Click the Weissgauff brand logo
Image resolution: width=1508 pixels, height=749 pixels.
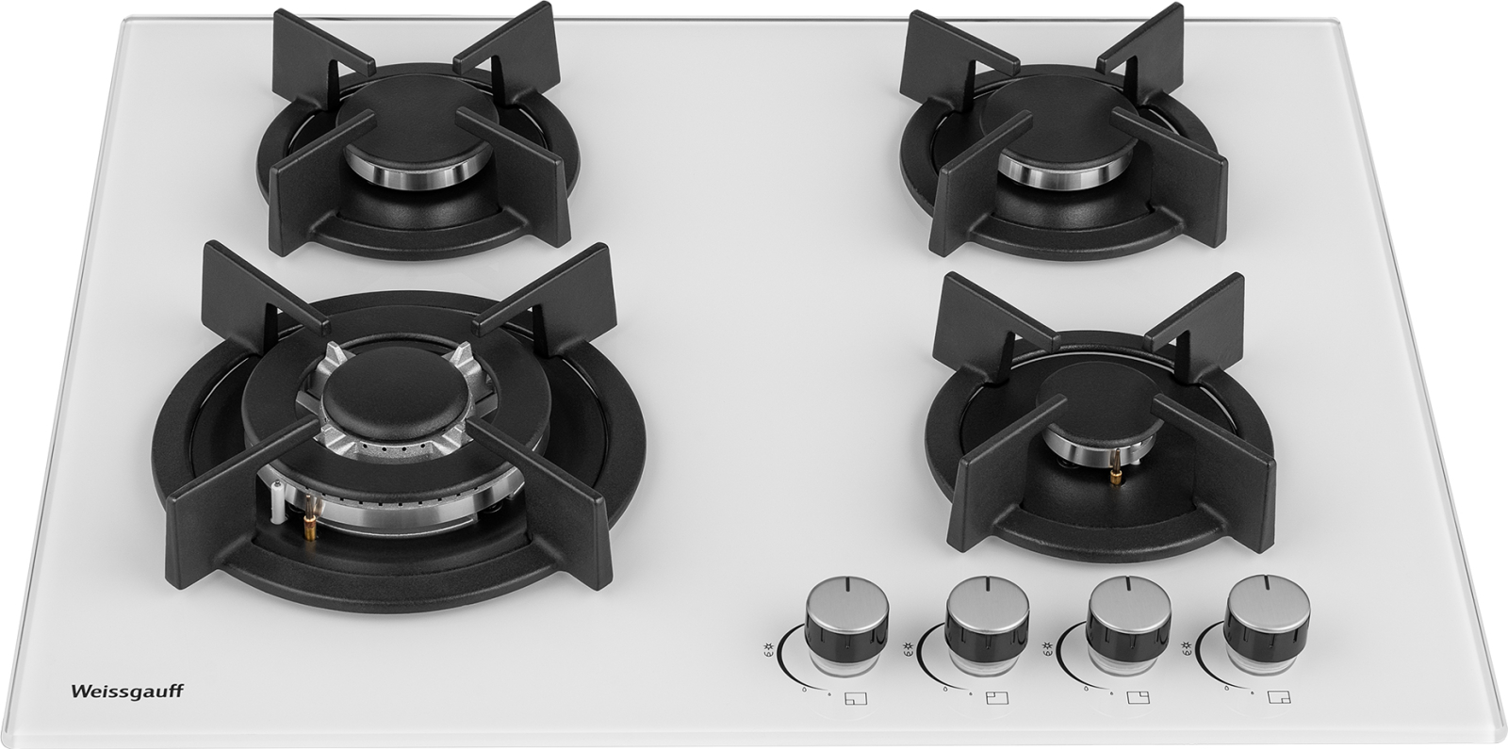coord(126,692)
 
